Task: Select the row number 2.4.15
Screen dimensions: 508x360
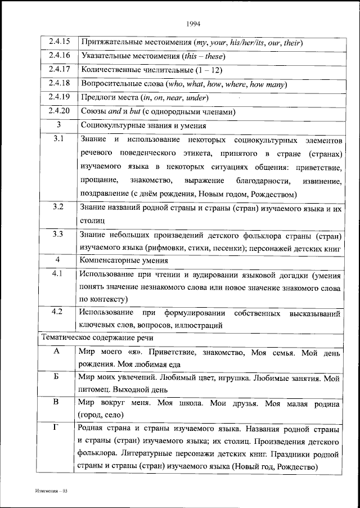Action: (x=58, y=42)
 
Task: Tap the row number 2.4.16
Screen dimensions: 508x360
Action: (x=58, y=56)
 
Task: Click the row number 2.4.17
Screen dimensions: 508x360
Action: (x=58, y=70)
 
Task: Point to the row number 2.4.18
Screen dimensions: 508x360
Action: (x=58, y=83)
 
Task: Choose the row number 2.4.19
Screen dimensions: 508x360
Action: (x=58, y=97)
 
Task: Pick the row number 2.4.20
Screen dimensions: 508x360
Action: (x=58, y=111)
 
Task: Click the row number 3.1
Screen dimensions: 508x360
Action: (x=58, y=139)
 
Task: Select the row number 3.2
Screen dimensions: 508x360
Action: (x=58, y=207)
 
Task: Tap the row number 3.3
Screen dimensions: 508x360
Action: (x=58, y=234)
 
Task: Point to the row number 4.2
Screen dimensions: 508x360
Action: (x=58, y=312)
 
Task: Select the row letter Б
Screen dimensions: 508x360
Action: (x=56, y=376)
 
